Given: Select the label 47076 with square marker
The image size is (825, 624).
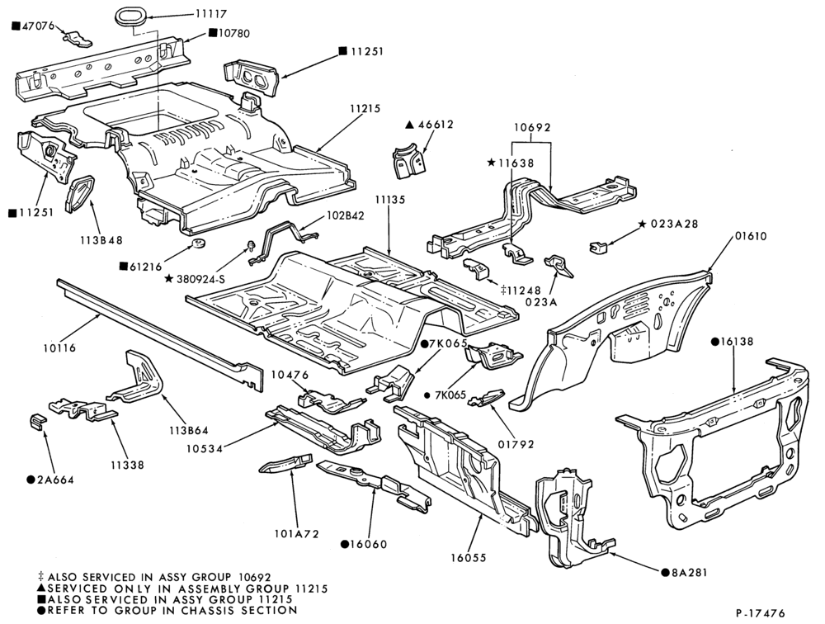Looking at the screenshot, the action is [33, 26].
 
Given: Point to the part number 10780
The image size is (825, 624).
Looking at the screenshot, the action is [229, 33].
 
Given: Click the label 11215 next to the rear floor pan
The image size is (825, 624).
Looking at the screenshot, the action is [365, 108].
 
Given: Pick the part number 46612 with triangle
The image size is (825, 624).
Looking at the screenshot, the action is [430, 125].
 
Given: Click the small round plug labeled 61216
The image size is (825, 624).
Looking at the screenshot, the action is [198, 243].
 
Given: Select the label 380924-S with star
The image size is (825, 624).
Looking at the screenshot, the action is [196, 278].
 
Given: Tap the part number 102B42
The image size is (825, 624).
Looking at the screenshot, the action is [345, 215].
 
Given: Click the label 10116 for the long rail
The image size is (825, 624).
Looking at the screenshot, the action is [59, 347].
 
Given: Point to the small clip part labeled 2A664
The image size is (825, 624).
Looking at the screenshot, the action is [37, 422].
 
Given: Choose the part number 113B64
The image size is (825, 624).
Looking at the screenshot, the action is [189, 430].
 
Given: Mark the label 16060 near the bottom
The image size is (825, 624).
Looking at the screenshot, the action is [364, 544].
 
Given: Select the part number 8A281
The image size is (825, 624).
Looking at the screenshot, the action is [685, 572].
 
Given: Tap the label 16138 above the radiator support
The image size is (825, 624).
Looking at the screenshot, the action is [732, 341].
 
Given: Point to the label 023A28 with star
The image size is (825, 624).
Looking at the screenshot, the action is [668, 224].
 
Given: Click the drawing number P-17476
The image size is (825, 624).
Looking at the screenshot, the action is [761, 613].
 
